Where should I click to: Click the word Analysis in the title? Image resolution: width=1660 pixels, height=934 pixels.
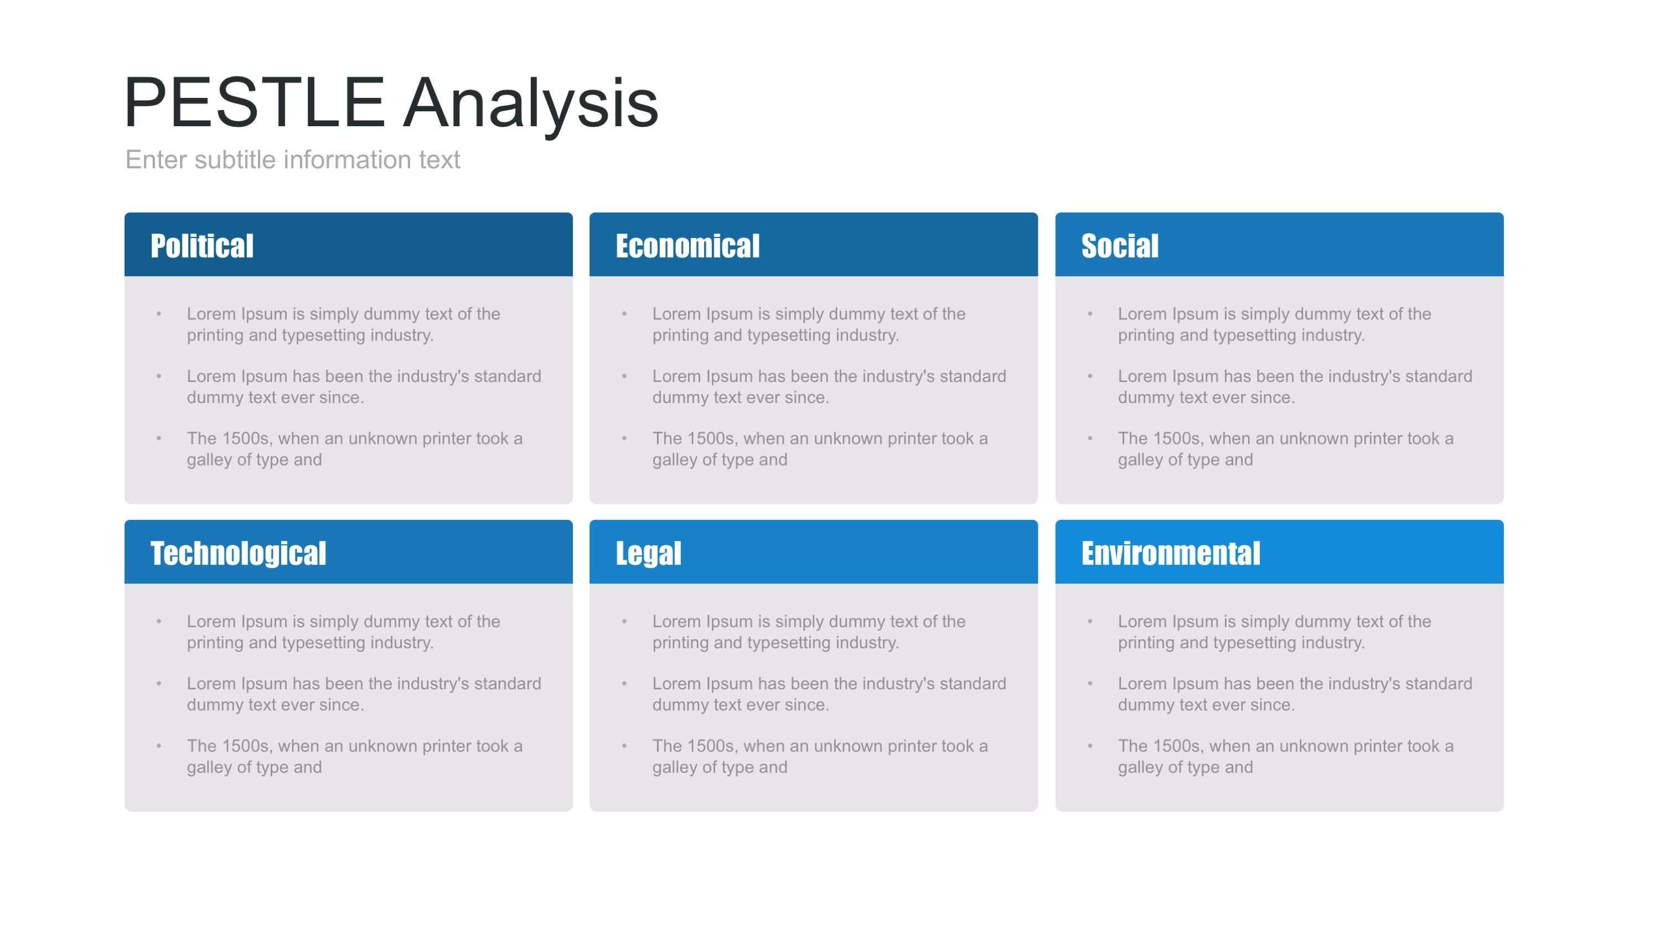pos(531,105)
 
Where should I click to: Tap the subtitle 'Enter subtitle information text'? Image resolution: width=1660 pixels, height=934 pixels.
pos(293,160)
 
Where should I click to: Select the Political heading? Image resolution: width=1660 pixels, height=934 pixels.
pos(201,246)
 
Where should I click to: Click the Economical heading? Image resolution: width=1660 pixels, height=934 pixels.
pos(687,246)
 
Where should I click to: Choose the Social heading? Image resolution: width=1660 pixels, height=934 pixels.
pos(1120,246)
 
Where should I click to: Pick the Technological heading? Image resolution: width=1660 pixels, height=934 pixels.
pos(239,554)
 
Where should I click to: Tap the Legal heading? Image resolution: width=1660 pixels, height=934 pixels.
pos(648,554)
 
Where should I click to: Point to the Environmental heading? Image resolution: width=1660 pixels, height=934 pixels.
pos(1170,553)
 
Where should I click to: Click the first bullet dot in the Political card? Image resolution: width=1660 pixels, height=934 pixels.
pos(158,314)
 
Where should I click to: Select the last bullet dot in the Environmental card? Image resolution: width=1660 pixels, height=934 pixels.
pos(1090,746)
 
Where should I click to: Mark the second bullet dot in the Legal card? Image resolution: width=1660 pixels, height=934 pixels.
pos(624,683)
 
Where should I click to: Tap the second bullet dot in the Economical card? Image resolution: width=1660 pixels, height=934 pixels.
pos(624,376)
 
